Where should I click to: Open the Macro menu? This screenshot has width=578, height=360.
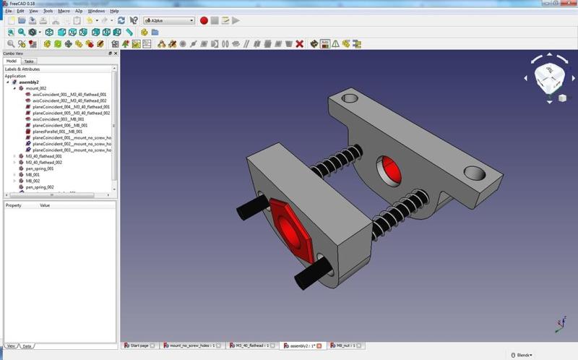point(64,12)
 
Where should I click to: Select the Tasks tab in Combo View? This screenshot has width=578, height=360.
point(28,61)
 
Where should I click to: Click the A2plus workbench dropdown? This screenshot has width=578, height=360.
point(168,21)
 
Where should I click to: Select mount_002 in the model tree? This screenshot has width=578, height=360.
point(36,88)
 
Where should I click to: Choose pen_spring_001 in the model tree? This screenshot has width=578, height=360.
point(40,168)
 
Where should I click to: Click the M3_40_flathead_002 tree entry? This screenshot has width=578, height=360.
point(43,163)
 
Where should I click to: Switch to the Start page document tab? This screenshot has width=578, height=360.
point(137,346)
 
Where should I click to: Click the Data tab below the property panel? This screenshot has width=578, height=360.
point(27,346)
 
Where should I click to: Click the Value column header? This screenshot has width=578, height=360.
point(45,205)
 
